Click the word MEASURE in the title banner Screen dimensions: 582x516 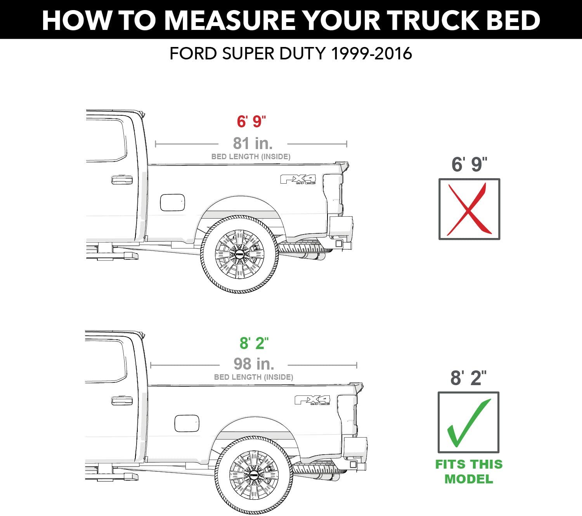[230, 21]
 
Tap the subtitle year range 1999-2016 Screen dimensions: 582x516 [371, 54]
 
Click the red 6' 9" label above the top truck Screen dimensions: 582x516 [251, 121]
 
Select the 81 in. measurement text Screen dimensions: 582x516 [253, 143]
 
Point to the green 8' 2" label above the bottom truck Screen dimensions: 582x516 [254, 343]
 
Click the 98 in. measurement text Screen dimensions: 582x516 [254, 364]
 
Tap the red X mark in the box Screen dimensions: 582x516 [469, 209]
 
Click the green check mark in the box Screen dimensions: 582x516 [469, 423]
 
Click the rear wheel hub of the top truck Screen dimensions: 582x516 [239, 254]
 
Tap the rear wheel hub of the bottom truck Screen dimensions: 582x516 [254, 474]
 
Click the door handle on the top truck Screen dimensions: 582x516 [122, 180]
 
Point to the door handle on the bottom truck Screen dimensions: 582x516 [122, 400]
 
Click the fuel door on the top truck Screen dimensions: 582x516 [172, 202]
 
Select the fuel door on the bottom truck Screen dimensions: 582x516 [187, 423]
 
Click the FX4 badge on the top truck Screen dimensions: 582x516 [298, 179]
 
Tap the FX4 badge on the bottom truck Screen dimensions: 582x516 [313, 400]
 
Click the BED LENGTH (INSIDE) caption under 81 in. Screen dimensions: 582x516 [251, 157]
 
